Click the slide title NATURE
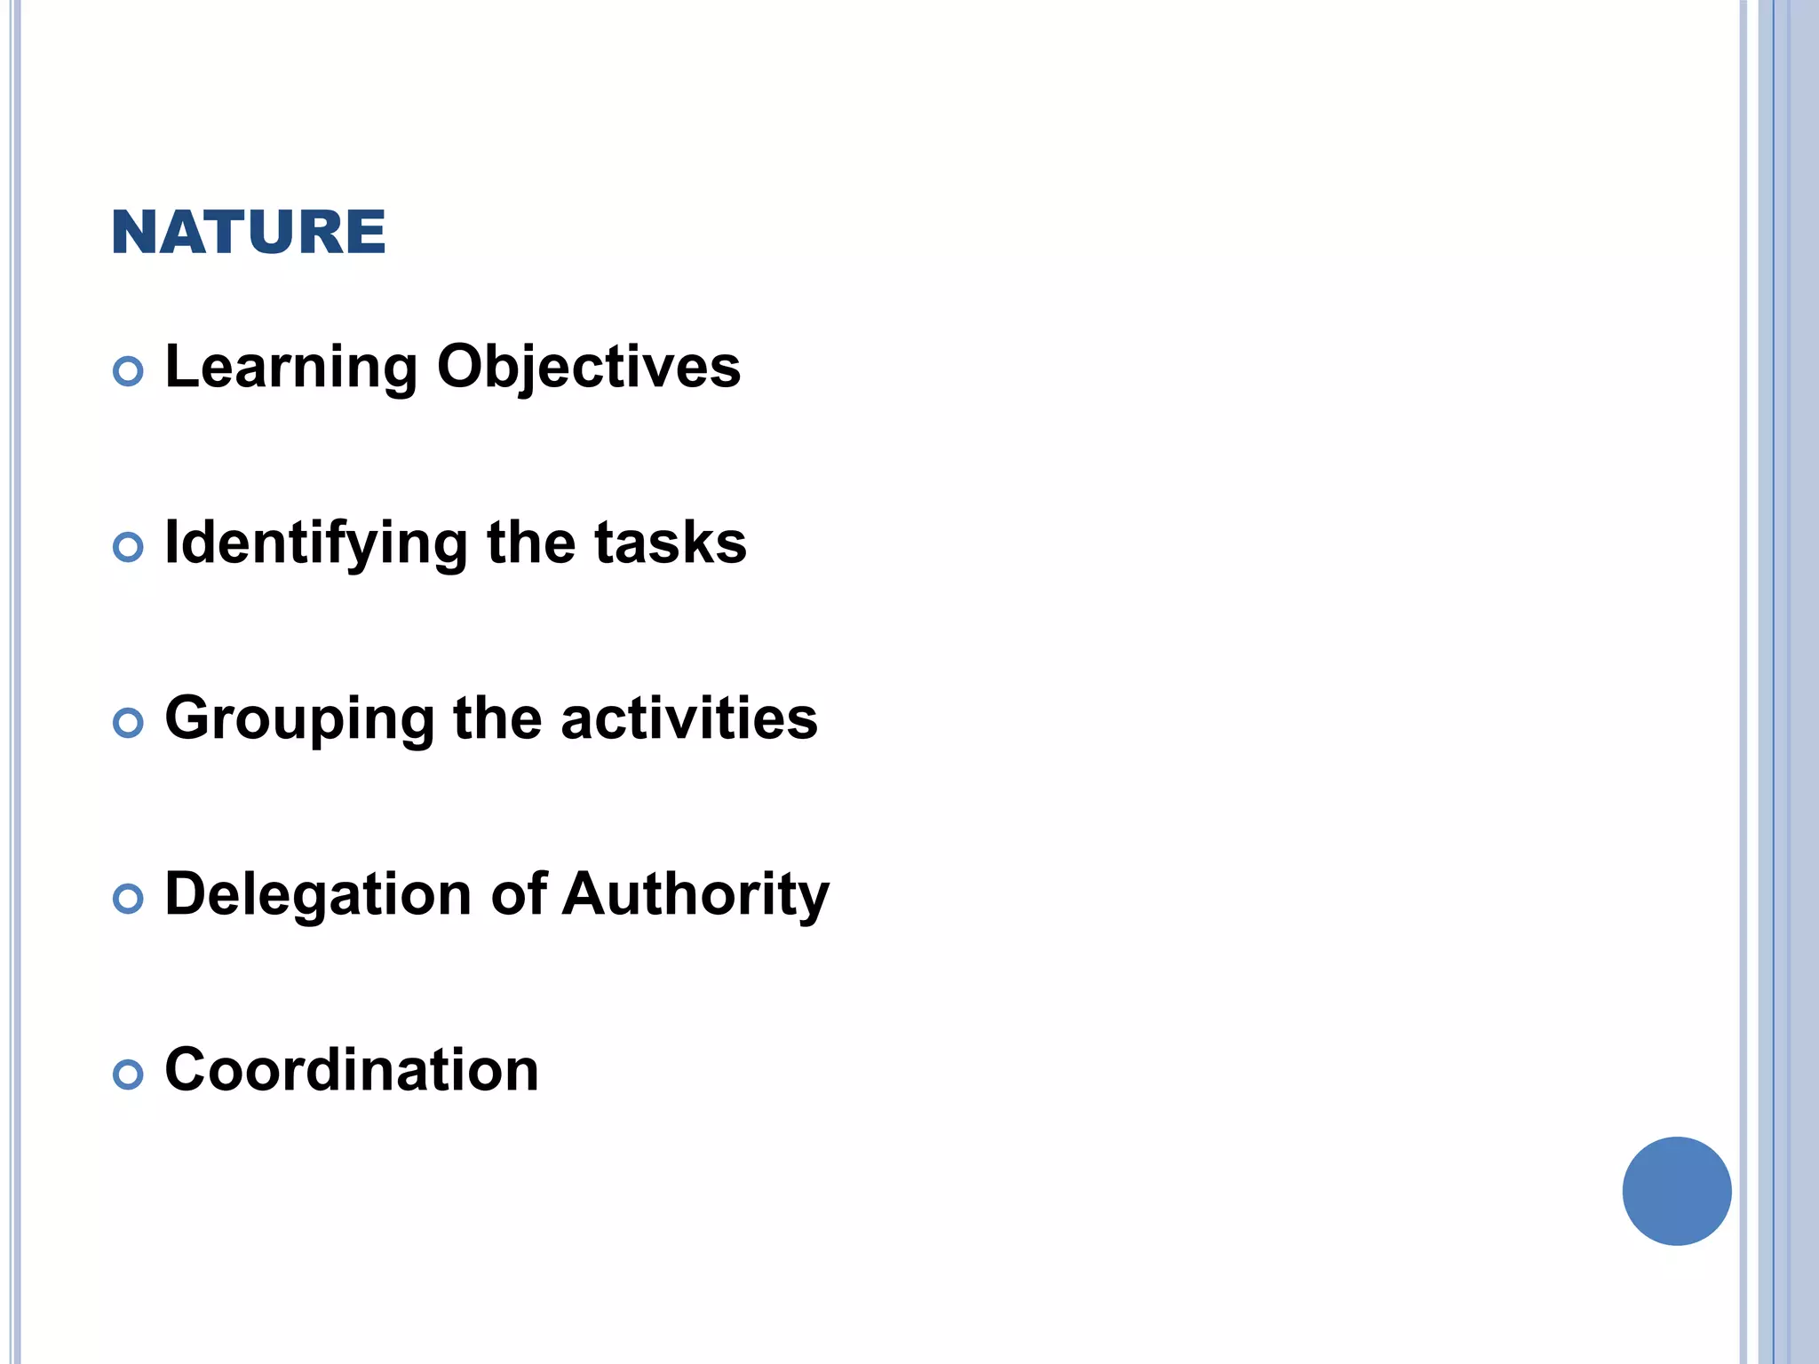(249, 233)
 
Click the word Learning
(291, 367)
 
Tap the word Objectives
(589, 367)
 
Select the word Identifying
(316, 543)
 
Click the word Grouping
(300, 719)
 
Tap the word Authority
(696, 894)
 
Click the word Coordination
(352, 1069)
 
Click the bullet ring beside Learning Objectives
(129, 371)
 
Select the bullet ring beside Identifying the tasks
(129, 547)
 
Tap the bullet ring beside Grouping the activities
(129, 723)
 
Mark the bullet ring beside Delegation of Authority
(129, 899)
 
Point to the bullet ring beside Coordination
(129, 1075)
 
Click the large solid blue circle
(1676, 1191)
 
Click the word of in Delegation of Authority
(519, 893)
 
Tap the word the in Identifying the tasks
(531, 543)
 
